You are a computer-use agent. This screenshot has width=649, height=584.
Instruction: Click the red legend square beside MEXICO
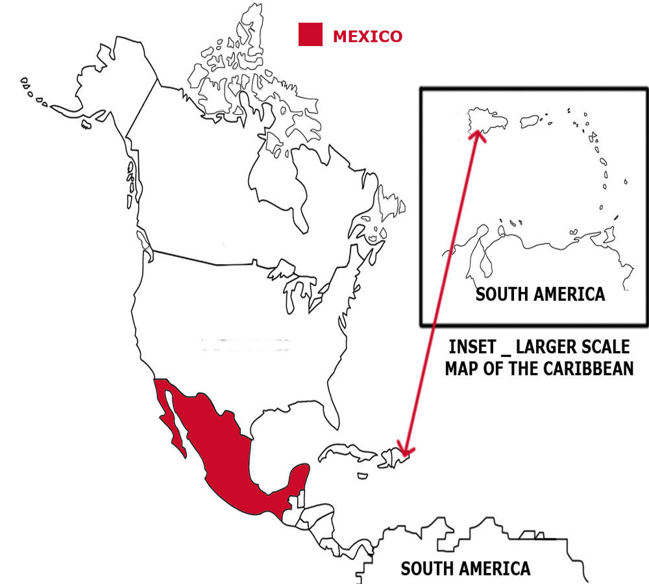[x=310, y=34]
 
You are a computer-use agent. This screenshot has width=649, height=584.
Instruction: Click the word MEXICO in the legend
[x=367, y=36]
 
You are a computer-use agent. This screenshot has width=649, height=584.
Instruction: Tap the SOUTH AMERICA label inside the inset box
[x=540, y=294]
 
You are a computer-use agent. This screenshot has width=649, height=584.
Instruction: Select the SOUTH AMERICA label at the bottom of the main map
[x=465, y=568]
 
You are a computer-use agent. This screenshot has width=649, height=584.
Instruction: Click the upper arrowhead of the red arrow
[x=478, y=134]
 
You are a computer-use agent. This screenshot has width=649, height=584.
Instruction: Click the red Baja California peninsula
[x=173, y=425]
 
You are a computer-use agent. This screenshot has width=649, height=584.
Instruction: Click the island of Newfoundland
[x=392, y=201]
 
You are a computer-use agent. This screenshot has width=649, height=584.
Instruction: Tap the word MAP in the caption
[x=463, y=369]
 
